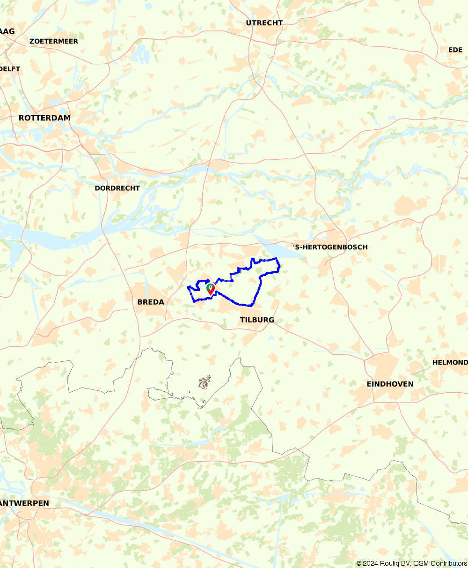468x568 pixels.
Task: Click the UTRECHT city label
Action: tap(264, 23)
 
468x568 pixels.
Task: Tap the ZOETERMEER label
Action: tap(53, 41)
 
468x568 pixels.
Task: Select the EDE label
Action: tap(455, 50)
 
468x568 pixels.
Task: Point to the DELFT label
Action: tap(10, 69)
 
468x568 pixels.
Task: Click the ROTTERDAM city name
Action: tap(44, 118)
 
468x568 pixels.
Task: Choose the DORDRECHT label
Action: tap(117, 188)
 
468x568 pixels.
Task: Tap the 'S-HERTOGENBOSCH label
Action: tap(330, 247)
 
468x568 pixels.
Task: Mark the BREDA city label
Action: tap(151, 302)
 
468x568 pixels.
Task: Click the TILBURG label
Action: tap(257, 320)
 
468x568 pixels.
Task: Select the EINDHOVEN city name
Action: tap(390, 384)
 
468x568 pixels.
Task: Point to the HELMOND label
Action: tap(450, 362)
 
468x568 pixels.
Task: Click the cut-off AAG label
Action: tap(7, 31)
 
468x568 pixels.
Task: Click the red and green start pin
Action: tap(211, 289)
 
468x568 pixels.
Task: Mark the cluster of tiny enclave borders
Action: tap(204, 382)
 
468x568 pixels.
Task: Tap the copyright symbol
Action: tap(359, 563)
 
